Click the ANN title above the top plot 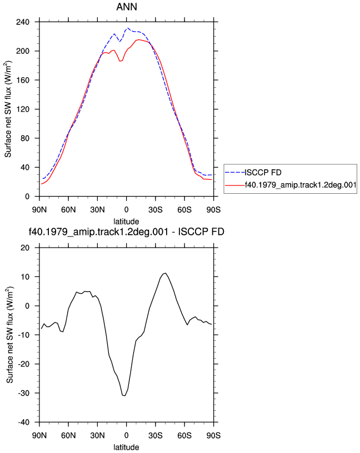click(x=127, y=7)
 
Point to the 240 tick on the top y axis click(x=23, y=22)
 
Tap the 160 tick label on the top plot click(x=23, y=80)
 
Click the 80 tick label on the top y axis click(x=25, y=138)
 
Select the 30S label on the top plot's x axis click(x=156, y=210)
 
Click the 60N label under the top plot click(x=68, y=210)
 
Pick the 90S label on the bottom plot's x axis click(x=213, y=436)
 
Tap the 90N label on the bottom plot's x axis click(x=39, y=436)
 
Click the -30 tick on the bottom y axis click(x=24, y=393)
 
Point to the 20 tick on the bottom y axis click(x=25, y=248)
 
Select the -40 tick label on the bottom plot click(x=24, y=422)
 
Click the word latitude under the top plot click(x=126, y=222)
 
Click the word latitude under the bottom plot click(x=126, y=447)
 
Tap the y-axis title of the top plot click(x=8, y=109)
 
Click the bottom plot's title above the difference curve click(x=127, y=231)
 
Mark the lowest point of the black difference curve click(x=124, y=395)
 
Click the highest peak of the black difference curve click(x=165, y=273)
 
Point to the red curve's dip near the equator click(x=121, y=61)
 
